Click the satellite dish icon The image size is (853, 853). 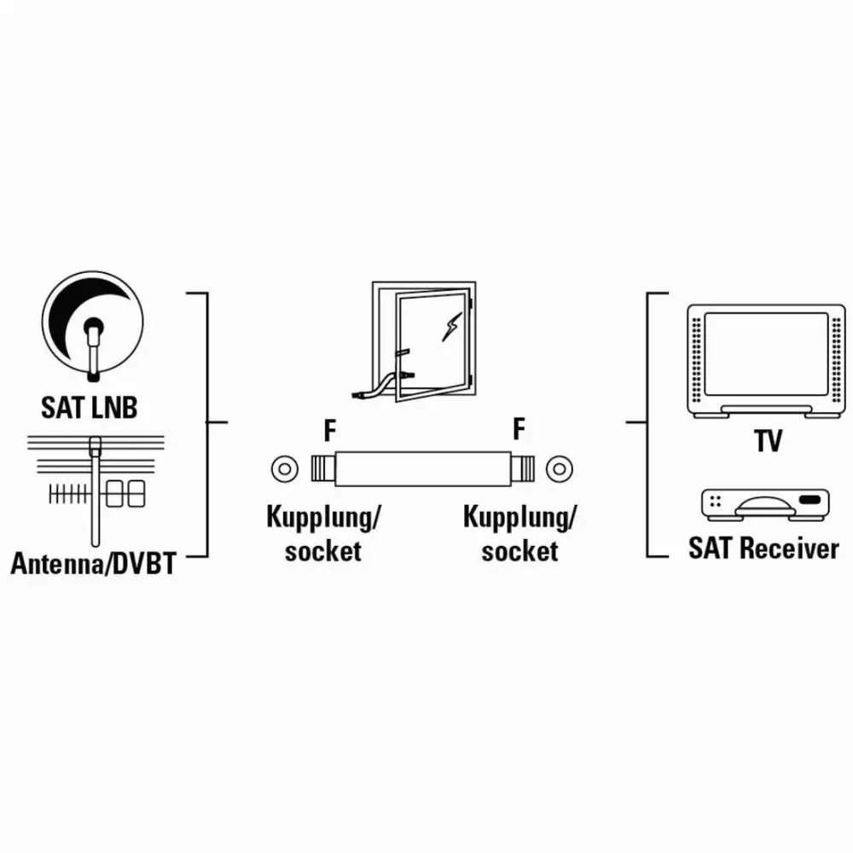point(92,325)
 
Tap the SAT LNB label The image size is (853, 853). point(90,408)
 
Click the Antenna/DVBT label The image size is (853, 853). point(94,564)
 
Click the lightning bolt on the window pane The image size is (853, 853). point(451,327)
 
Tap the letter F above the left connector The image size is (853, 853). point(329,430)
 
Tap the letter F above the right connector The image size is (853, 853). point(519,429)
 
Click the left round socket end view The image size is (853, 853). point(285,468)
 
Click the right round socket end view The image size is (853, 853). point(560,468)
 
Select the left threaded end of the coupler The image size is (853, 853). point(323,468)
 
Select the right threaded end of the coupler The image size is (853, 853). point(522,468)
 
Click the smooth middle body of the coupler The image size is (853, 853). point(423,468)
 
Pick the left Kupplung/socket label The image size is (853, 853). point(323,534)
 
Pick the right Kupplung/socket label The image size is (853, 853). point(519,534)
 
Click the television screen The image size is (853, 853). point(766,354)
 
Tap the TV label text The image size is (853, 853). point(768,441)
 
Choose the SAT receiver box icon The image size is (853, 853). point(765,505)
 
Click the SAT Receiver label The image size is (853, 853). point(763,548)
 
